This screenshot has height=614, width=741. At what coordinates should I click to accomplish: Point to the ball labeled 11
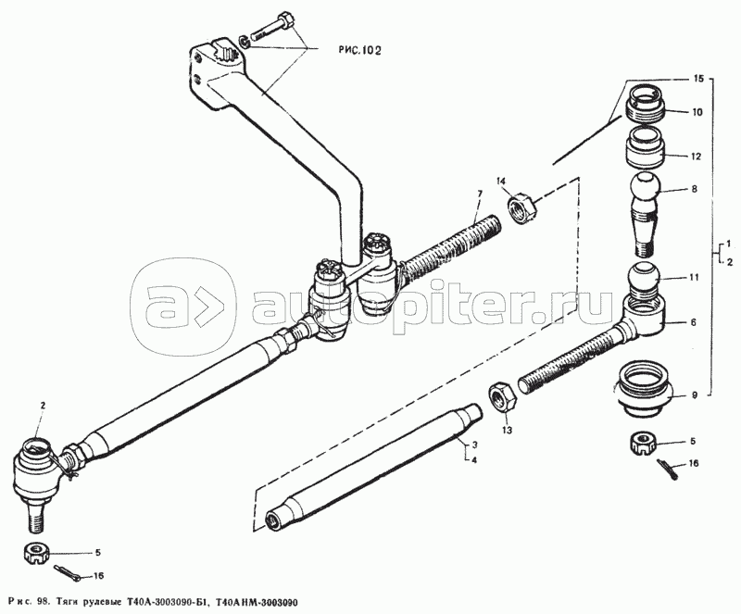point(646,278)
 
